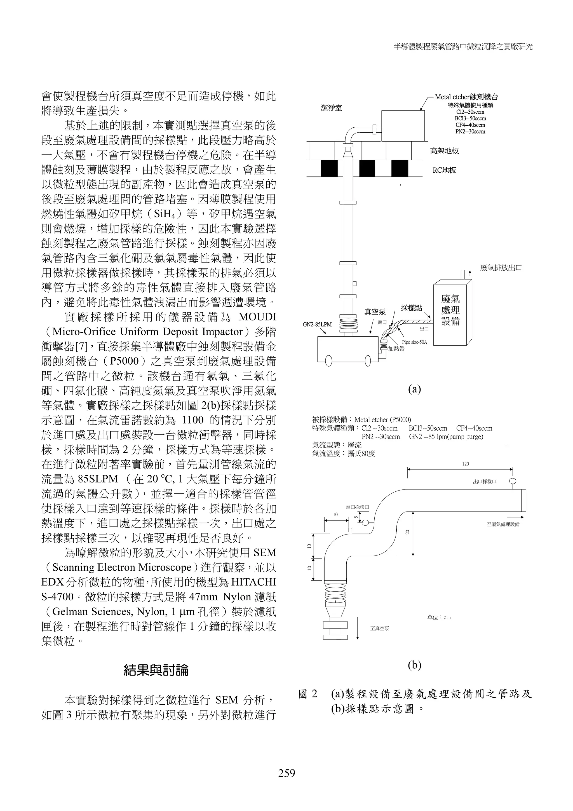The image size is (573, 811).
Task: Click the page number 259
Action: (x=286, y=773)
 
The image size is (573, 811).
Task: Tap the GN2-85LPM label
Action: (x=317, y=324)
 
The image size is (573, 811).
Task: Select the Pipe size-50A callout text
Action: (x=414, y=342)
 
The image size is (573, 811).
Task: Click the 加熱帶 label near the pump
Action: (x=396, y=349)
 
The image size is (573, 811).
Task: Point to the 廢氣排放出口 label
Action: (x=501, y=268)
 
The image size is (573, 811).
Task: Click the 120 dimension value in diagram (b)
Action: (x=465, y=464)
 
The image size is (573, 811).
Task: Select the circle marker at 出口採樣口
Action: (x=513, y=481)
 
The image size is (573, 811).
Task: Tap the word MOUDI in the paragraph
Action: (x=257, y=317)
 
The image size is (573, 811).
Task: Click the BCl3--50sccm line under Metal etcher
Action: (x=470, y=118)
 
